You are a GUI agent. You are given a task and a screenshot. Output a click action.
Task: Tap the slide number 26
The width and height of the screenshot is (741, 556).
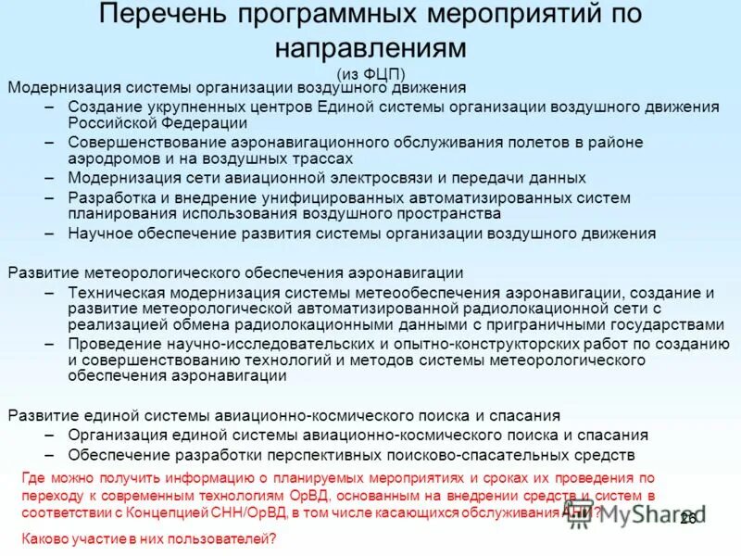687,518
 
